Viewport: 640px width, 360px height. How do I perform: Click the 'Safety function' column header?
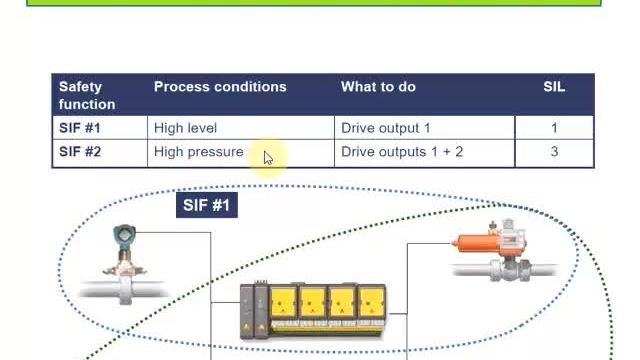87,96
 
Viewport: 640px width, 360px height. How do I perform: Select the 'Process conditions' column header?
220,87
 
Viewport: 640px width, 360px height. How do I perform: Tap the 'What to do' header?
378,87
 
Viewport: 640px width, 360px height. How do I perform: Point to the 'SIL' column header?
554,87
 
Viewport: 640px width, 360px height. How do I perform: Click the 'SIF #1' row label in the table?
80,128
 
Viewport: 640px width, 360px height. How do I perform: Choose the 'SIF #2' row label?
80,152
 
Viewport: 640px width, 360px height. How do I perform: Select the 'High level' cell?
185,128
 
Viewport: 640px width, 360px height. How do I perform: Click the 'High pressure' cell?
199,152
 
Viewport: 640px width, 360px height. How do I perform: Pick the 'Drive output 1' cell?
386,128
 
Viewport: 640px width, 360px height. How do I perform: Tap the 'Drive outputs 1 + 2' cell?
402,152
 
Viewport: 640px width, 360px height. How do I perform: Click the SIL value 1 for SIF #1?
554,128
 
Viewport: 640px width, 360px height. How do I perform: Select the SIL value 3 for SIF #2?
554,152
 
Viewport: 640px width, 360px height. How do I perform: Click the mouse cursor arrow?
268,158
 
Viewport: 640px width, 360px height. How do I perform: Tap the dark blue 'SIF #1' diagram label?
207,205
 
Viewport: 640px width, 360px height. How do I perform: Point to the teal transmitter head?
124,236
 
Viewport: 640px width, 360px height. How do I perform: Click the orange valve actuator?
478,244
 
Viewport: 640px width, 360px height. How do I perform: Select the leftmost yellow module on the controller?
283,304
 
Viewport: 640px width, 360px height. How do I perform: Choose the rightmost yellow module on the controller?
371,304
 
